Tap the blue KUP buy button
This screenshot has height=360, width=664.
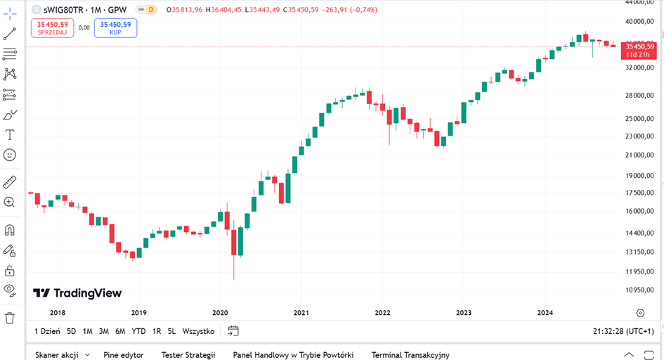[115, 27]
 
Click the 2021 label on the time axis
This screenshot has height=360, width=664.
[301, 313]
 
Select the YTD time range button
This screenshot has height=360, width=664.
[138, 331]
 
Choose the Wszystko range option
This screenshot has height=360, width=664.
[198, 331]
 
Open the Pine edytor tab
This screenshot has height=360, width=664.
[123, 355]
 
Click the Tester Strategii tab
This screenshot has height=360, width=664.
[188, 355]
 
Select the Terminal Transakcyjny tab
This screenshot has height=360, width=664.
[410, 355]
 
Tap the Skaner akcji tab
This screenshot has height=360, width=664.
[58, 355]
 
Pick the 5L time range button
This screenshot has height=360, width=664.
[171, 331]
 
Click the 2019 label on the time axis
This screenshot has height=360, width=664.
[138, 313]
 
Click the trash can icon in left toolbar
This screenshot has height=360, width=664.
[10, 318]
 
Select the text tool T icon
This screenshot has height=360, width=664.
[10, 135]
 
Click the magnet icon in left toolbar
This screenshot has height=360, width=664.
[10, 230]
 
